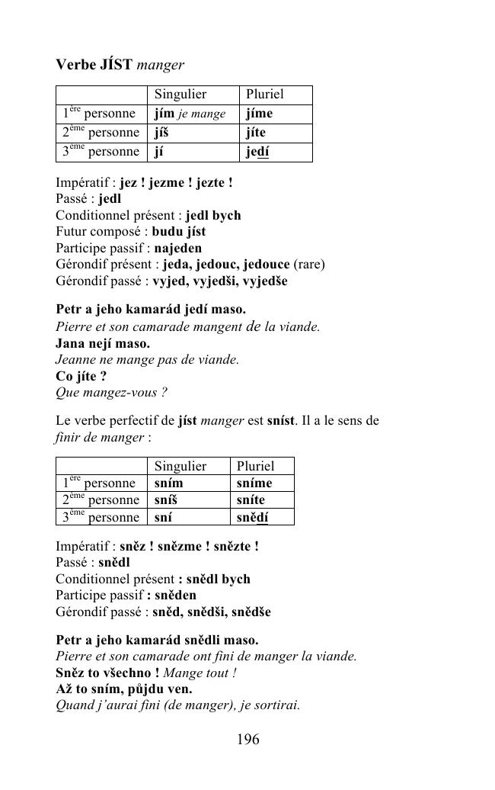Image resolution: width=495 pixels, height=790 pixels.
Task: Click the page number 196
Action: click(247, 739)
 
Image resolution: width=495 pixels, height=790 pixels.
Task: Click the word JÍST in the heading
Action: click(117, 65)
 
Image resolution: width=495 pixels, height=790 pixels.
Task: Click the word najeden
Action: click(177, 248)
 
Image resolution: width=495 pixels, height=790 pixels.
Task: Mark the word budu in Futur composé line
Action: click(165, 231)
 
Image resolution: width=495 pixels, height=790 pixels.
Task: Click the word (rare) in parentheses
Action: click(309, 265)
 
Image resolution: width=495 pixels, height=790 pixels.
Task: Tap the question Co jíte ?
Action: click(81, 376)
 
